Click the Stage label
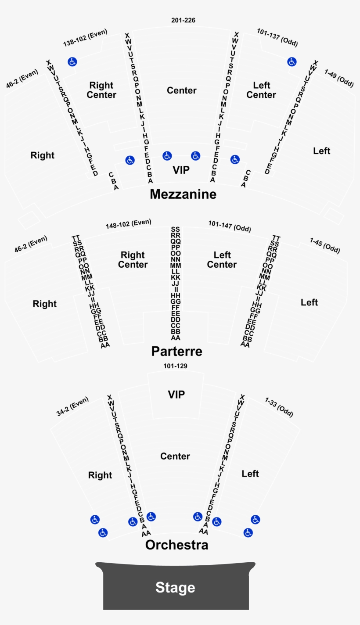175,587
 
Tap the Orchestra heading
176,545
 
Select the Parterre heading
176,351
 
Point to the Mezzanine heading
183,194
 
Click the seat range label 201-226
183,21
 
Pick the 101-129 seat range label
175,366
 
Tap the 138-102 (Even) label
85,38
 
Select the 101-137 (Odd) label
277,37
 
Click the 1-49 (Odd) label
338,78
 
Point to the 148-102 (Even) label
128,223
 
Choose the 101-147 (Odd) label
229,226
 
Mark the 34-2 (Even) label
72,406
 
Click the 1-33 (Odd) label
279,407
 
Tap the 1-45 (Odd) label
324,245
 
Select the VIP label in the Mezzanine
181,170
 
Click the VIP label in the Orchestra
176,394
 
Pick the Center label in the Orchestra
175,456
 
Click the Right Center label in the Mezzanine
101,90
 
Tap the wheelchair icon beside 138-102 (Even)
72,62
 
